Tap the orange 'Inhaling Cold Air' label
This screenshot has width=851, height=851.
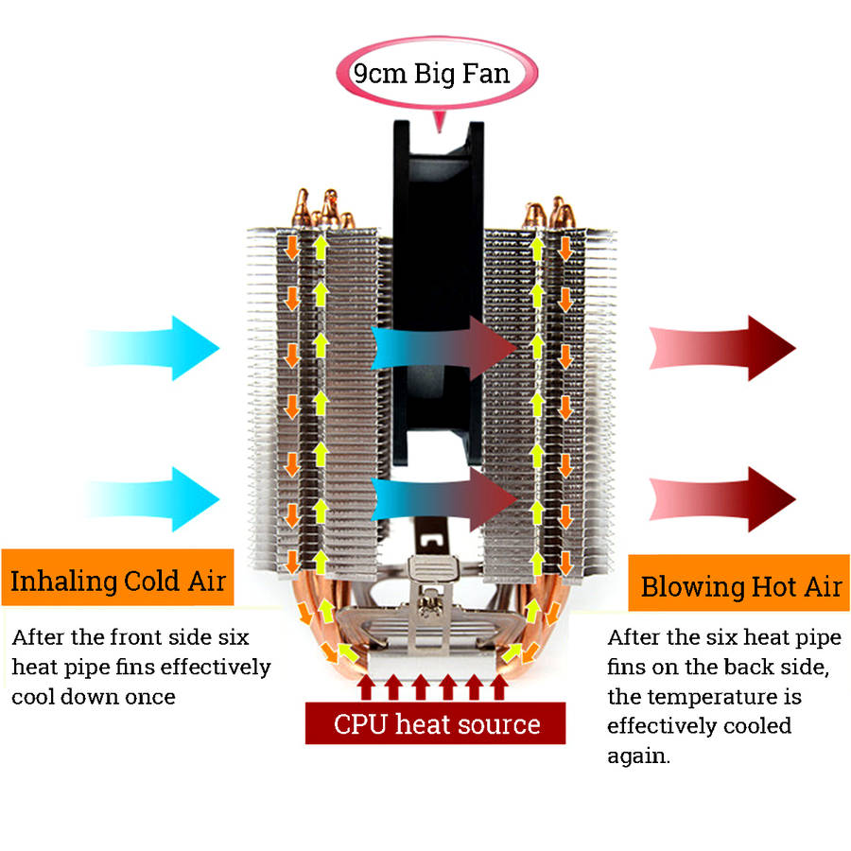(x=117, y=579)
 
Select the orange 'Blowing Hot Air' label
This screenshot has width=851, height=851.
(x=740, y=586)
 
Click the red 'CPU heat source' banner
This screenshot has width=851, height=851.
(x=436, y=725)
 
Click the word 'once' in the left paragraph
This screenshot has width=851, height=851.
(x=151, y=697)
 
